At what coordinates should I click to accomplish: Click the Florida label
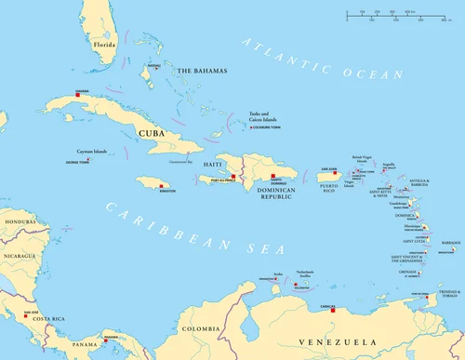[x=103, y=43]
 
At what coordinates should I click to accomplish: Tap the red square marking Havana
[x=82, y=96]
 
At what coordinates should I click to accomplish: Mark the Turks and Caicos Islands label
[x=265, y=118]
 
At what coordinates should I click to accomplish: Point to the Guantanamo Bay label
[x=187, y=161]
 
